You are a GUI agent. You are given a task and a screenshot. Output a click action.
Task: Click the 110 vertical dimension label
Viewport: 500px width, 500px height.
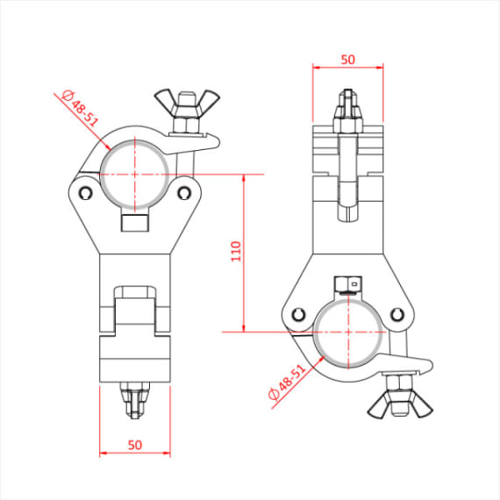coord(235,253)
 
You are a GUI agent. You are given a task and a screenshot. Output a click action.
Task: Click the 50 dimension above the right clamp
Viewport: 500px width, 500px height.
coord(348,60)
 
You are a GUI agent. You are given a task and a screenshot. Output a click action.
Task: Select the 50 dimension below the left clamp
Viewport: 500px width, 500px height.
coord(134,445)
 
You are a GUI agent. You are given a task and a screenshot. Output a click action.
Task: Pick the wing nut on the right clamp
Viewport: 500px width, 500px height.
coord(389,403)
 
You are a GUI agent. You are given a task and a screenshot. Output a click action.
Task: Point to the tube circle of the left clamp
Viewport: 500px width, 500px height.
coord(135,174)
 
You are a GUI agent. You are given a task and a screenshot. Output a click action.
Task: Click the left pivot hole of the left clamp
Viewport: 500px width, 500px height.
coord(84,192)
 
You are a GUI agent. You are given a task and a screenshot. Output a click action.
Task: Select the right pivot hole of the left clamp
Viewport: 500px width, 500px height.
coord(185,190)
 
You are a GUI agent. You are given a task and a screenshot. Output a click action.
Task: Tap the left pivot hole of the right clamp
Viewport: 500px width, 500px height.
coord(297,315)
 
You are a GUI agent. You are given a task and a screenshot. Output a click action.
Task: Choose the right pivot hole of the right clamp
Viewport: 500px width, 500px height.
coord(399,315)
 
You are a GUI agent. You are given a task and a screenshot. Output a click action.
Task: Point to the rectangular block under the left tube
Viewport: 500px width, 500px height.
coord(135,224)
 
